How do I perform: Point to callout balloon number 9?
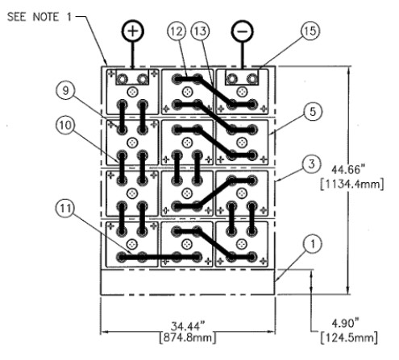point(65,90)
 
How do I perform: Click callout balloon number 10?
point(65,125)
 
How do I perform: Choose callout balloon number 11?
point(65,208)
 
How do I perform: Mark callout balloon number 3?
point(311,163)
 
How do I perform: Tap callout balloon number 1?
point(313,244)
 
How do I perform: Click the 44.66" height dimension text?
point(348,170)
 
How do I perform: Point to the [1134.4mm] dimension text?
point(352,184)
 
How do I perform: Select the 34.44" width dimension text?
point(188,326)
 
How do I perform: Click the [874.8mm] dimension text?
point(188,337)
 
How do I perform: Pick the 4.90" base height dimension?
point(345,324)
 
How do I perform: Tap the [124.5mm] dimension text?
point(349,337)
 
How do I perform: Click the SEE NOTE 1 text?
point(39,17)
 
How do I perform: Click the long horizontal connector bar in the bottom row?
point(160,257)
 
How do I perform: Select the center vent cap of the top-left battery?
point(132,92)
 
